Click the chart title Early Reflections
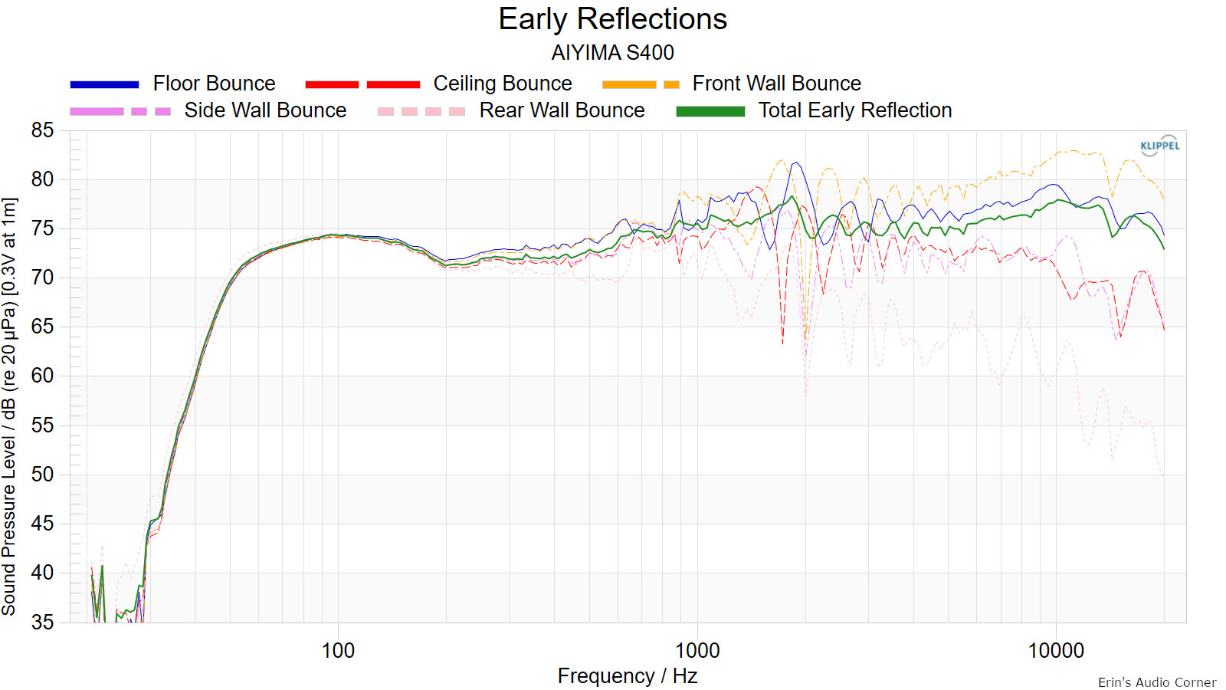(612, 19)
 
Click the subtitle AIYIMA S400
(612, 53)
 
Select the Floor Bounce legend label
(214, 84)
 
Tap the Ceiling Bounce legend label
(503, 84)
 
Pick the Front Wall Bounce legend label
(777, 84)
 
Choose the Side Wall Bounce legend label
(265, 110)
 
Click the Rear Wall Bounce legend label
(562, 110)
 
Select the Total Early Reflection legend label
(855, 110)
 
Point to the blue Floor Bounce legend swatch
(104, 84)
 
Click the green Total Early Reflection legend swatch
(710, 112)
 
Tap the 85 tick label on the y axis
(42, 130)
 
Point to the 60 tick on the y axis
(42, 376)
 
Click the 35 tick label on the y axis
(42, 622)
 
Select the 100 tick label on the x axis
(338, 651)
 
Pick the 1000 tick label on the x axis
(697, 651)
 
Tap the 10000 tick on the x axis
(1056, 651)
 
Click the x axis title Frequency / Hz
(628, 676)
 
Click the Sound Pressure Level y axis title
(9, 406)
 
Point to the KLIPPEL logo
(1160, 146)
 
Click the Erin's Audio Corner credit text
(1157, 682)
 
